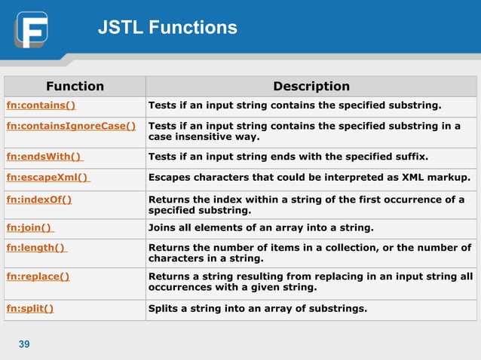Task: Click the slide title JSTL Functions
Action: (x=167, y=29)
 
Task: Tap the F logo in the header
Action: (x=31, y=29)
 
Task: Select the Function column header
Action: (x=75, y=86)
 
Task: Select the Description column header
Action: (x=311, y=86)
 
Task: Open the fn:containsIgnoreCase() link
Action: (x=71, y=126)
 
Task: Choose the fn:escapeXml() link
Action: (x=47, y=178)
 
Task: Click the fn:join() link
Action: (x=30, y=227)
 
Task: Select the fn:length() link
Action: (x=36, y=248)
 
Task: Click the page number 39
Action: (x=24, y=344)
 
